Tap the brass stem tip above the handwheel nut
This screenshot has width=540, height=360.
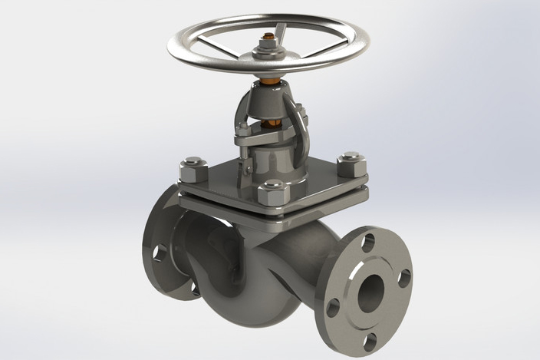pyautogui.click(x=268, y=36)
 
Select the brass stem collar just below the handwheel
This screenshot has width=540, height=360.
pyautogui.click(x=271, y=79)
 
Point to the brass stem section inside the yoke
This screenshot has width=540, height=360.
pyautogui.click(x=269, y=123)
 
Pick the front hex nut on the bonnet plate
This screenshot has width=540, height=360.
pyautogui.click(x=273, y=192)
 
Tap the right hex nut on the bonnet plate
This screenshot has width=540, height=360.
pyautogui.click(x=351, y=164)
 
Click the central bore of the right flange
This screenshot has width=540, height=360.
pyautogui.click(x=371, y=289)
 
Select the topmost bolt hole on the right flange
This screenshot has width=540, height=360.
pyautogui.click(x=368, y=243)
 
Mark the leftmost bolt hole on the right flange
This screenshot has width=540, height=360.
pyautogui.click(x=333, y=306)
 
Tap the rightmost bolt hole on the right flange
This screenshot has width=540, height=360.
pyautogui.click(x=404, y=278)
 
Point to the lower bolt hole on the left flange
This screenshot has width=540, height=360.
pyautogui.click(x=195, y=289)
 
